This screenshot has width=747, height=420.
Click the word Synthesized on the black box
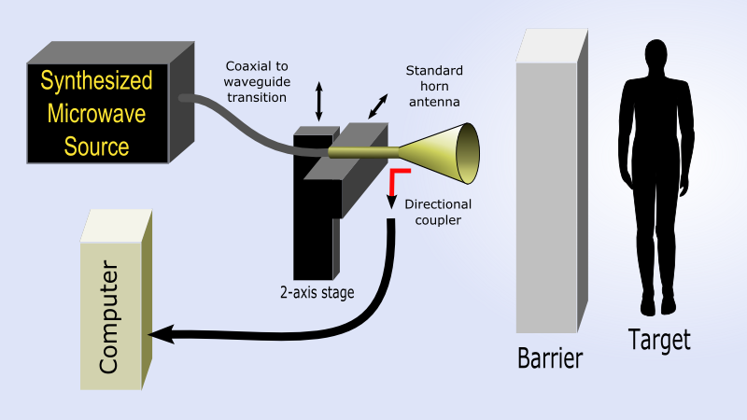point(96,80)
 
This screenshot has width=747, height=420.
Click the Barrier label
point(549,358)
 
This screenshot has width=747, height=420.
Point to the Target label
point(659,340)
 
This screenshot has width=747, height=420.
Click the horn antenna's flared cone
point(448,153)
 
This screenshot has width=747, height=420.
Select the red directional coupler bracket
point(397,177)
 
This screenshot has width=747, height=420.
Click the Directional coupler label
point(438,212)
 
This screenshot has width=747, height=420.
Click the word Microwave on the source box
point(96,114)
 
